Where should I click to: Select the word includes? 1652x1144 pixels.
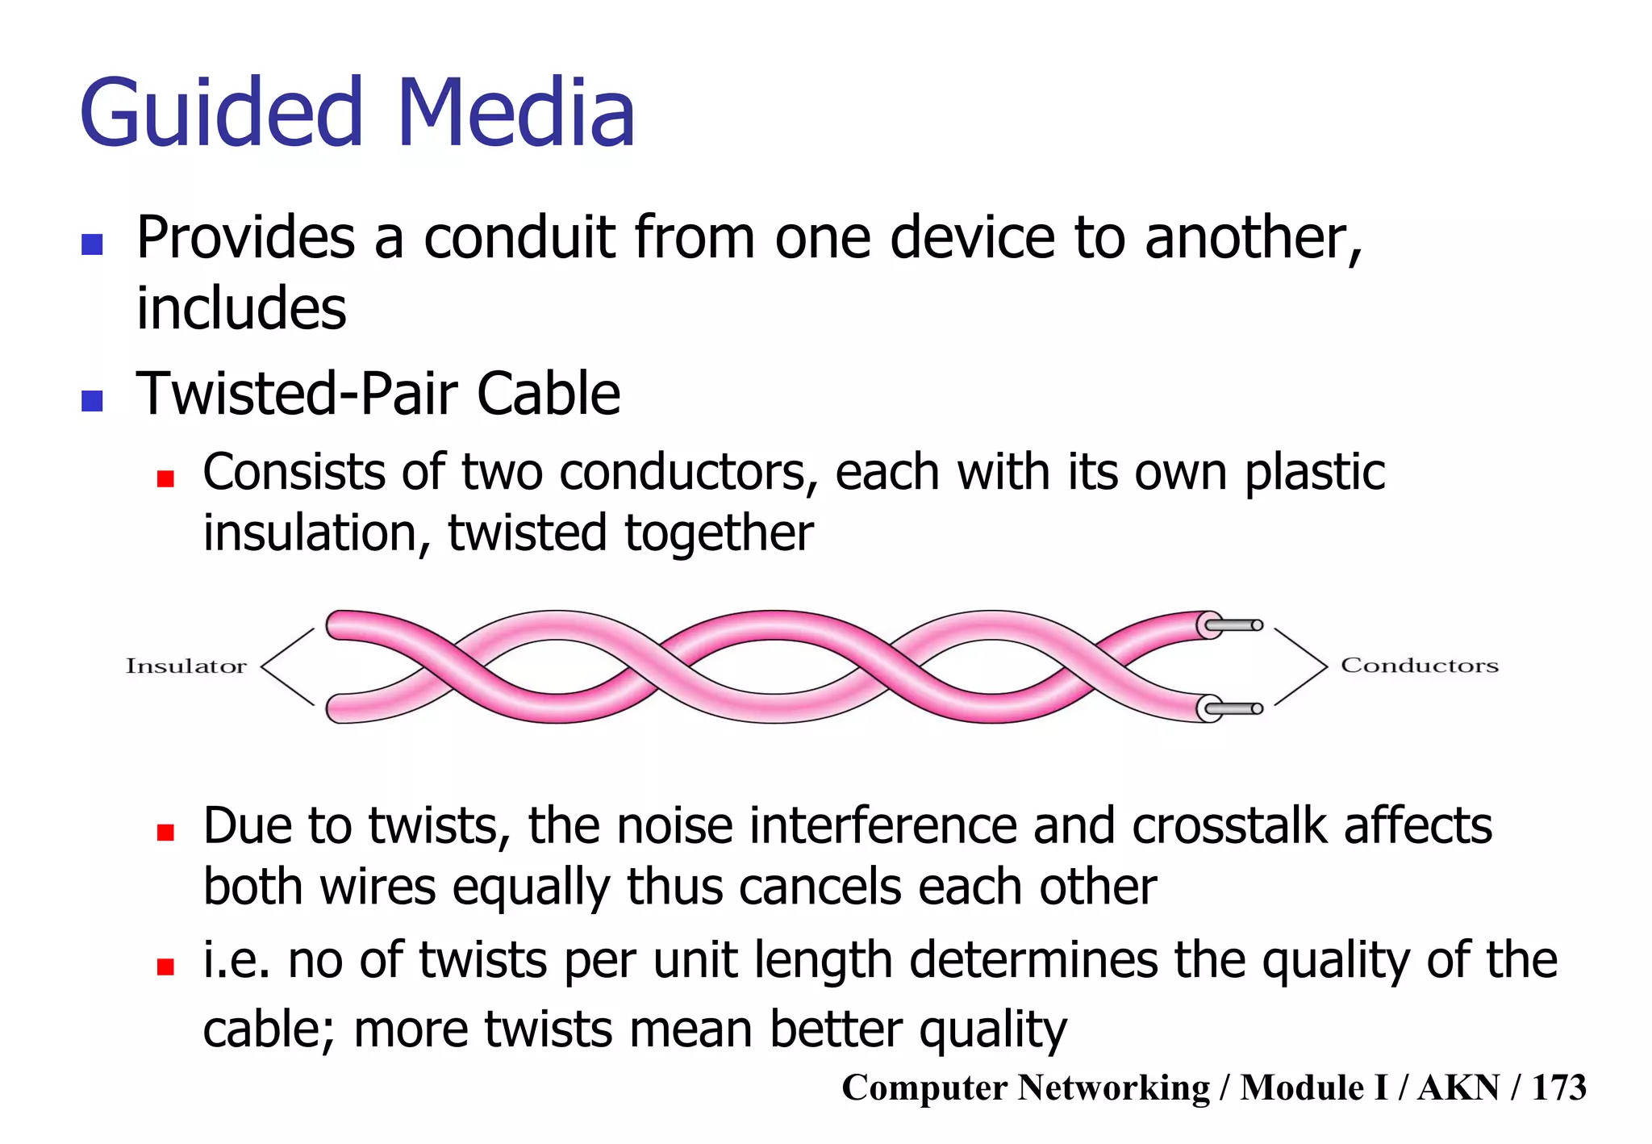point(241,309)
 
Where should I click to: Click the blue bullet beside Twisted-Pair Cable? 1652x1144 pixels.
point(92,400)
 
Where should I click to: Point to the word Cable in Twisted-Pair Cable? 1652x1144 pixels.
point(549,395)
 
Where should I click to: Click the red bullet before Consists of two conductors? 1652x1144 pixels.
point(165,479)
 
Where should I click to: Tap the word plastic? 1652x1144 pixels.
point(1315,474)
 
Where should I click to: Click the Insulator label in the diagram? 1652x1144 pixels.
point(186,666)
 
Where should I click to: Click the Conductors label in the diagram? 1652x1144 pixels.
point(1420,666)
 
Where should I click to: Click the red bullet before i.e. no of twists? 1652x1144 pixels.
point(165,967)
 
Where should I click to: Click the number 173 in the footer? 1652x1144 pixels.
point(1558,1088)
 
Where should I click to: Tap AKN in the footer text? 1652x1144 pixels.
point(1458,1088)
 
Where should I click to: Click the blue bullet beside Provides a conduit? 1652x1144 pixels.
point(92,244)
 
